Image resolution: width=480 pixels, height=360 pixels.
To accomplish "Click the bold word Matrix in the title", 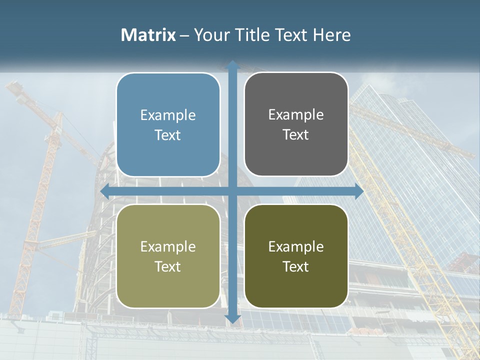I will pyautogui.click(x=148, y=35).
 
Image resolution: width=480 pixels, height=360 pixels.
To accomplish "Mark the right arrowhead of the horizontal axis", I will pyautogui.click(x=359, y=191).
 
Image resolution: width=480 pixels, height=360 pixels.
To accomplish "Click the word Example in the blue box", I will pyautogui.click(x=168, y=115).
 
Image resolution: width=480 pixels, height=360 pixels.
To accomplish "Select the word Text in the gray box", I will pyautogui.click(x=296, y=135).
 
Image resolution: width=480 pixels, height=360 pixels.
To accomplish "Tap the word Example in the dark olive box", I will pyautogui.click(x=296, y=246).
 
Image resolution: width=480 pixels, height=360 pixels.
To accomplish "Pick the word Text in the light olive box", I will pyautogui.click(x=168, y=266).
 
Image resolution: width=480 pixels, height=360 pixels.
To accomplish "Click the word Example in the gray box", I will pyautogui.click(x=296, y=115).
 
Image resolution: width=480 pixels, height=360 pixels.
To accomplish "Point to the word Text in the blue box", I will pyautogui.click(x=168, y=135).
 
